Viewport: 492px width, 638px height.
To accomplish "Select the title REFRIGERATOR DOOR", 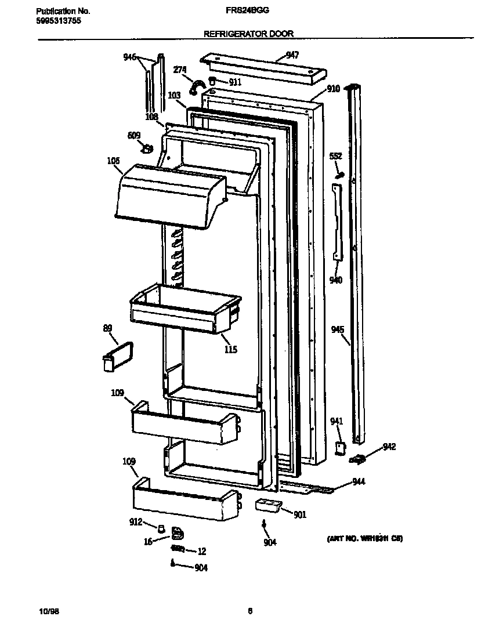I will [x=248, y=34].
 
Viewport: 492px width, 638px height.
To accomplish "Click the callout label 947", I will [x=292, y=55].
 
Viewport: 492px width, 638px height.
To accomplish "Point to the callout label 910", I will [x=333, y=89].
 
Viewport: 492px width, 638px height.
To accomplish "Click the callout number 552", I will [x=336, y=156].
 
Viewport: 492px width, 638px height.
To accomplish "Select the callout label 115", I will [x=230, y=350].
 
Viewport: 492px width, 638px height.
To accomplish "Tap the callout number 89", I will [x=107, y=329].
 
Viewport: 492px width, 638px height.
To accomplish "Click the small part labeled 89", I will [x=116, y=355].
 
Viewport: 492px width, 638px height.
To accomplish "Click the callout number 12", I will [x=202, y=552].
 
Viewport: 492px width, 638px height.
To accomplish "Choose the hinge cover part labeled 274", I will [x=197, y=86].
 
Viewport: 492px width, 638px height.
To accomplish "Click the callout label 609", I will [x=133, y=136].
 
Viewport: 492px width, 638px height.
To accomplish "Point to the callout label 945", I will [x=338, y=330].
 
